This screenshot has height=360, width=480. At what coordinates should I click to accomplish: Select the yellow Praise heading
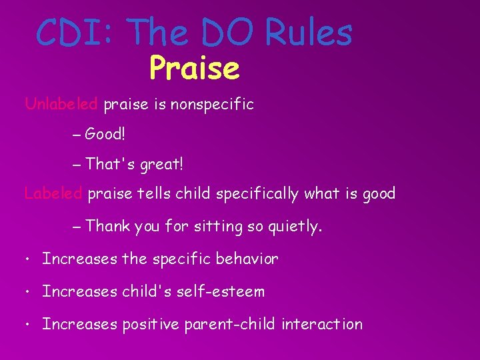tap(194, 67)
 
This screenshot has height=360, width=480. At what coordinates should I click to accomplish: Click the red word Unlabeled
tap(62, 104)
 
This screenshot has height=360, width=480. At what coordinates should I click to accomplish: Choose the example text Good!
tap(105, 135)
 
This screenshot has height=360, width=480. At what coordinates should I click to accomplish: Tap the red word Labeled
tap(53, 194)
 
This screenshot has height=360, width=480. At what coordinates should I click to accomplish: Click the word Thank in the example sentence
tap(108, 227)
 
